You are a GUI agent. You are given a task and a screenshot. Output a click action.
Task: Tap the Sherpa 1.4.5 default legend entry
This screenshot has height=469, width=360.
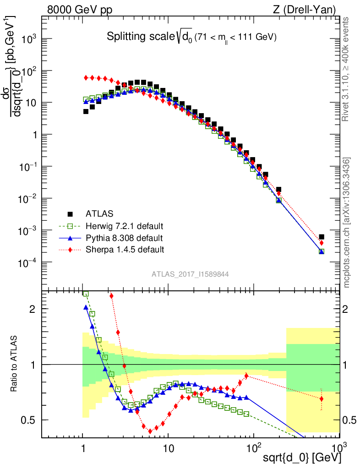(125, 250)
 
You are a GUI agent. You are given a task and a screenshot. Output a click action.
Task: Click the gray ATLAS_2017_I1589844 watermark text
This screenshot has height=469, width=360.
(190, 274)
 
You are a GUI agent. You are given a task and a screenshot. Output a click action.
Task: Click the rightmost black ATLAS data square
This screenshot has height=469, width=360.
(322, 237)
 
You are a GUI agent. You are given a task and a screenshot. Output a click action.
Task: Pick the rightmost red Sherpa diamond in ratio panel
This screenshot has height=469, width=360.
(322, 398)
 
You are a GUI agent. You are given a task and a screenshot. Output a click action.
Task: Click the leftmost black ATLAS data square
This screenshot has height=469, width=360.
(86, 111)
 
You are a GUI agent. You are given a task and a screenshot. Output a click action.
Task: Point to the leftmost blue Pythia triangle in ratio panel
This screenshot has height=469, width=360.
(86, 307)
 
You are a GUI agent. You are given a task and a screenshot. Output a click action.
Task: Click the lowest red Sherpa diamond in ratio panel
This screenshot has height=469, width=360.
(150, 431)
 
